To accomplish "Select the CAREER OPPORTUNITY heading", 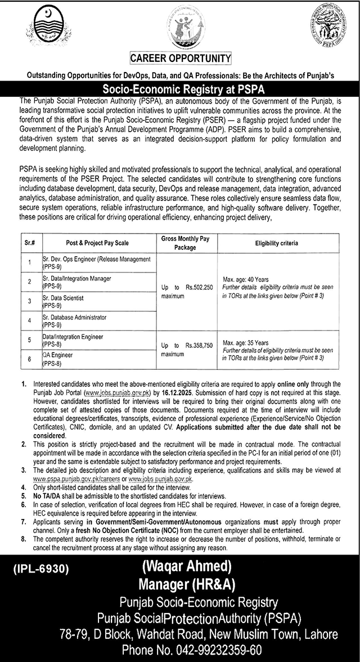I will tap(181, 58).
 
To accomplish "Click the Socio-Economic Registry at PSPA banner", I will tap(180, 89).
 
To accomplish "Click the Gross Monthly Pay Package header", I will tap(182, 243).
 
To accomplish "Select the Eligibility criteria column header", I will tap(276, 243).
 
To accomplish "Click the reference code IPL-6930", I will tap(39, 569).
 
